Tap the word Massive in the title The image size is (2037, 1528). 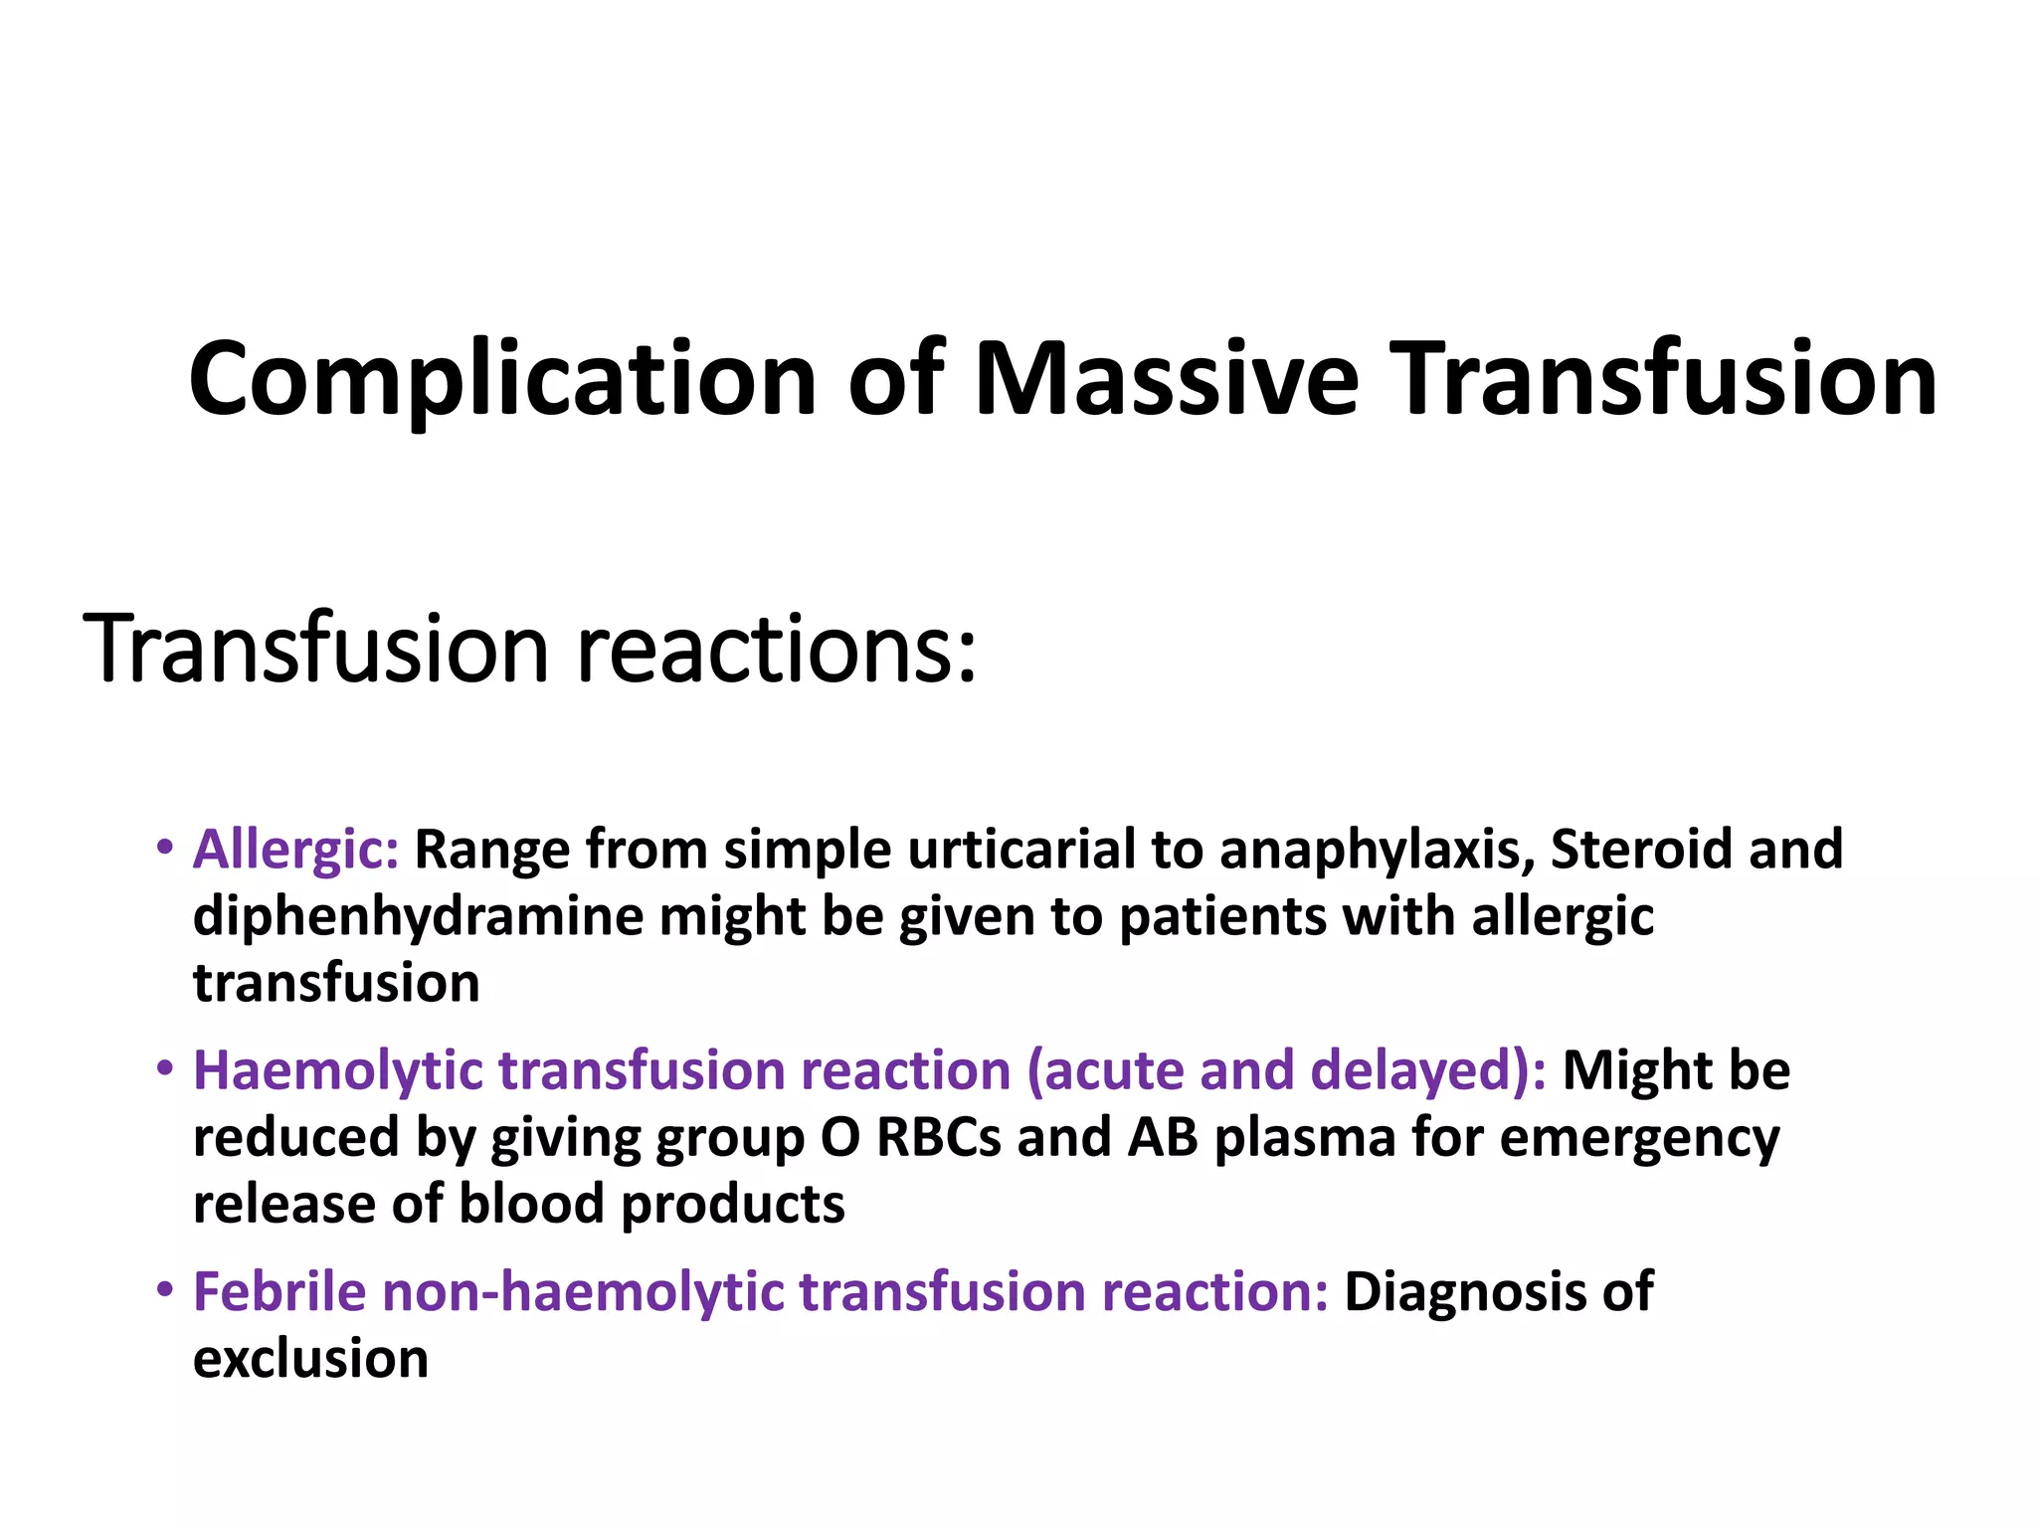click(1166, 380)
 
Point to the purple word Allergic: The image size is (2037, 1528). click(295, 850)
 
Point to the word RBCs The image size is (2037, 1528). click(939, 1138)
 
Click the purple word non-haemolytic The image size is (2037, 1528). click(583, 1292)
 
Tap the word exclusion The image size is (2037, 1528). click(310, 1359)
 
